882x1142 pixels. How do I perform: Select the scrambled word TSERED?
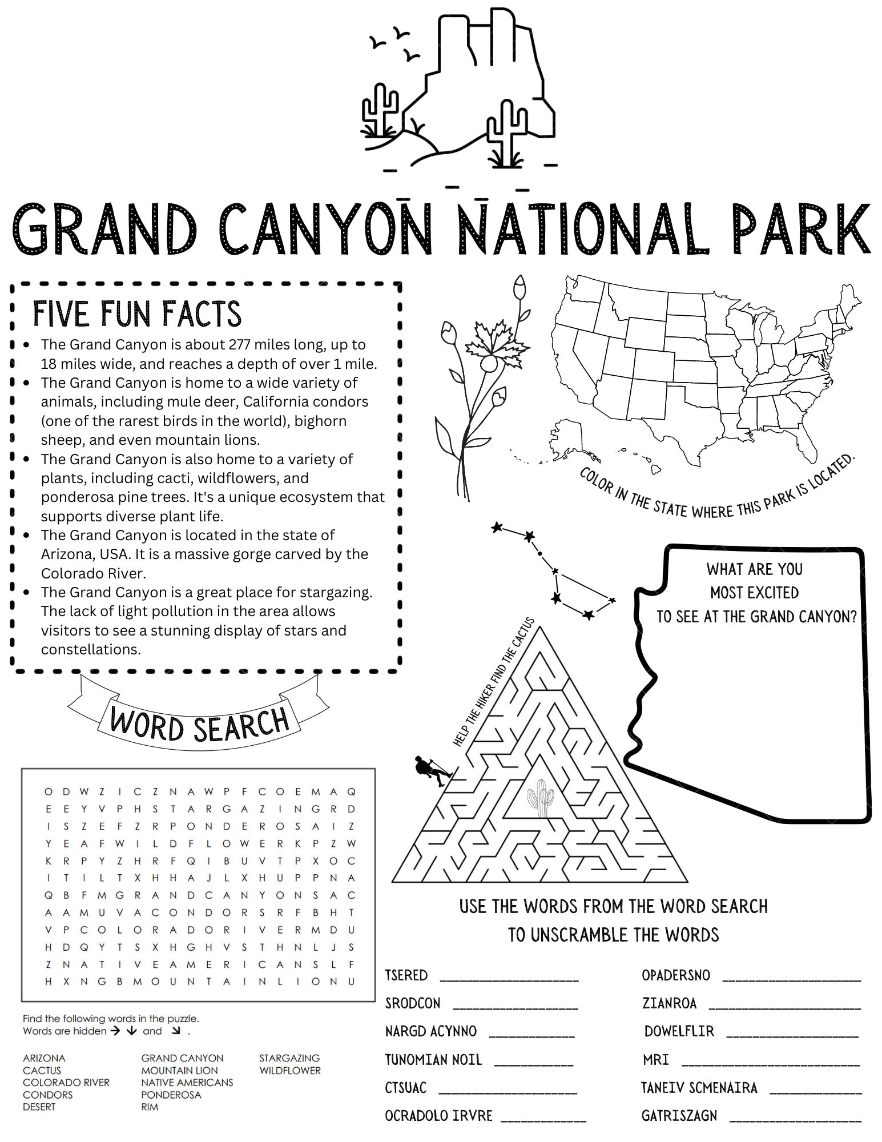406,975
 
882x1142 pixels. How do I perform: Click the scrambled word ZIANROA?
669,1003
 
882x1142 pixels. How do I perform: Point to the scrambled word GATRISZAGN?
679,1115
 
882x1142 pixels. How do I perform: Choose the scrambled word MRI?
655,1060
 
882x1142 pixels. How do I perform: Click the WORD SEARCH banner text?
199,722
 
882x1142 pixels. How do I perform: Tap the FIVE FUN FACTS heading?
137,313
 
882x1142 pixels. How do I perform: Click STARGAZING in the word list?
289,1058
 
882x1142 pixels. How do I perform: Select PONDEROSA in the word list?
171,1095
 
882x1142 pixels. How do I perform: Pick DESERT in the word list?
39,1107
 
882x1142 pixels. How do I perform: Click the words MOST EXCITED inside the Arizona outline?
754,593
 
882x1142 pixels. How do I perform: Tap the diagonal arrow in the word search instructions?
176,1031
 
